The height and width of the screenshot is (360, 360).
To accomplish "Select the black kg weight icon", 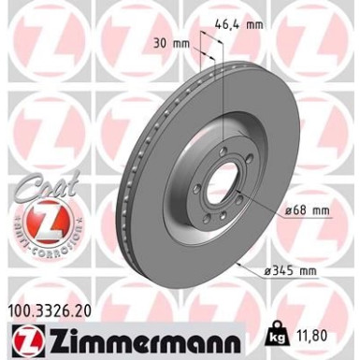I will (x=278, y=333).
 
